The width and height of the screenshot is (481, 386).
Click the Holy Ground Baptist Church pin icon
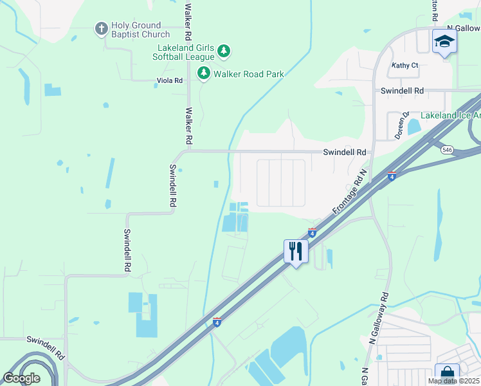click(101, 28)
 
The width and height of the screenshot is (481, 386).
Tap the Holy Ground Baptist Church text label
click(141, 30)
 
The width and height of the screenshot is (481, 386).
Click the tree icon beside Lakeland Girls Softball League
click(223, 50)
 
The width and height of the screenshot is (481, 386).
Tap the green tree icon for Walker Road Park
click(204, 73)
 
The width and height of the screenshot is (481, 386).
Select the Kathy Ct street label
click(405, 66)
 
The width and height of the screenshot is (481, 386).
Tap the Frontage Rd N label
click(349, 192)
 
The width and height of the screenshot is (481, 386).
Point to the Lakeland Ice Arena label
click(450, 116)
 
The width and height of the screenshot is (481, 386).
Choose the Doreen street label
click(402, 125)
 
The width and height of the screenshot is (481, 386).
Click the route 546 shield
click(447, 149)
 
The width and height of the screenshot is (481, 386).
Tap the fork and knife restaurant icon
click(296, 250)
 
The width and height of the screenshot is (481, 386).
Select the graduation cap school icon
click(444, 42)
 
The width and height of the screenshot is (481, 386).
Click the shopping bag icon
click(446, 374)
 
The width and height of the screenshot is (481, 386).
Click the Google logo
click(21, 378)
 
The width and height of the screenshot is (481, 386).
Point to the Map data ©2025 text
click(454, 381)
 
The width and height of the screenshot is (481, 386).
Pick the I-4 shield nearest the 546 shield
click(391, 176)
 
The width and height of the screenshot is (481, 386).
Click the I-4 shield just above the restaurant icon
click(312, 232)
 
